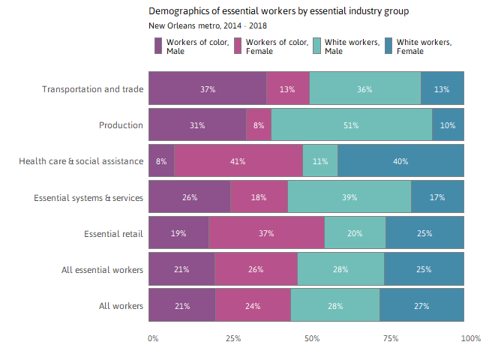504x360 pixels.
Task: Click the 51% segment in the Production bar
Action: click(351, 125)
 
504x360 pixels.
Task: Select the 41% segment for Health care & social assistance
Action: click(238, 161)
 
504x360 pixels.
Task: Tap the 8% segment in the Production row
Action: click(259, 125)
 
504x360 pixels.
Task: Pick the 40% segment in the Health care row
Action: click(400, 161)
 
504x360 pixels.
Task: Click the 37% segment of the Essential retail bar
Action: click(266, 233)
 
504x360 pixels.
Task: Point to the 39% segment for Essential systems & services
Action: click(349, 197)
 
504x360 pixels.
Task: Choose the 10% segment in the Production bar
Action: click(448, 125)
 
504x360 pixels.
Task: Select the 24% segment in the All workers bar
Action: click(253, 305)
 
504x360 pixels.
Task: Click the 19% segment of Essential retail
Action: click(178, 233)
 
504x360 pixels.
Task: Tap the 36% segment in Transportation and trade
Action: click(364, 89)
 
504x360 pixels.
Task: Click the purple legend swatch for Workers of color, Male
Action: click(157, 46)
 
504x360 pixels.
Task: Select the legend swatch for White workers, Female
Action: click(388, 46)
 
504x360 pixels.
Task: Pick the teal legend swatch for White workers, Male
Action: click(316, 46)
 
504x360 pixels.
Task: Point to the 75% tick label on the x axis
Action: click(391, 339)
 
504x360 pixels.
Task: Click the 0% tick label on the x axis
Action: click(153, 339)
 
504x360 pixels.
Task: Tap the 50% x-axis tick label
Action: click(311, 339)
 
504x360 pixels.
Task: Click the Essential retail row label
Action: click(113, 234)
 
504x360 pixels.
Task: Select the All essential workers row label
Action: click(103, 270)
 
